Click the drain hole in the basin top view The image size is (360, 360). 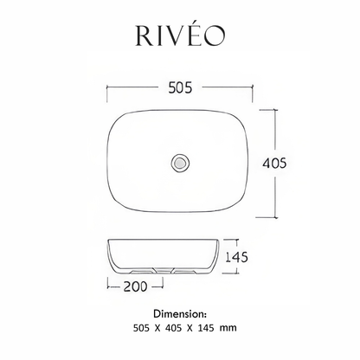tap(180, 161)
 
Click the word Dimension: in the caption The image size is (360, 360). tap(180, 311)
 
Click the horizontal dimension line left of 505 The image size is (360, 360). tap(130, 88)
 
